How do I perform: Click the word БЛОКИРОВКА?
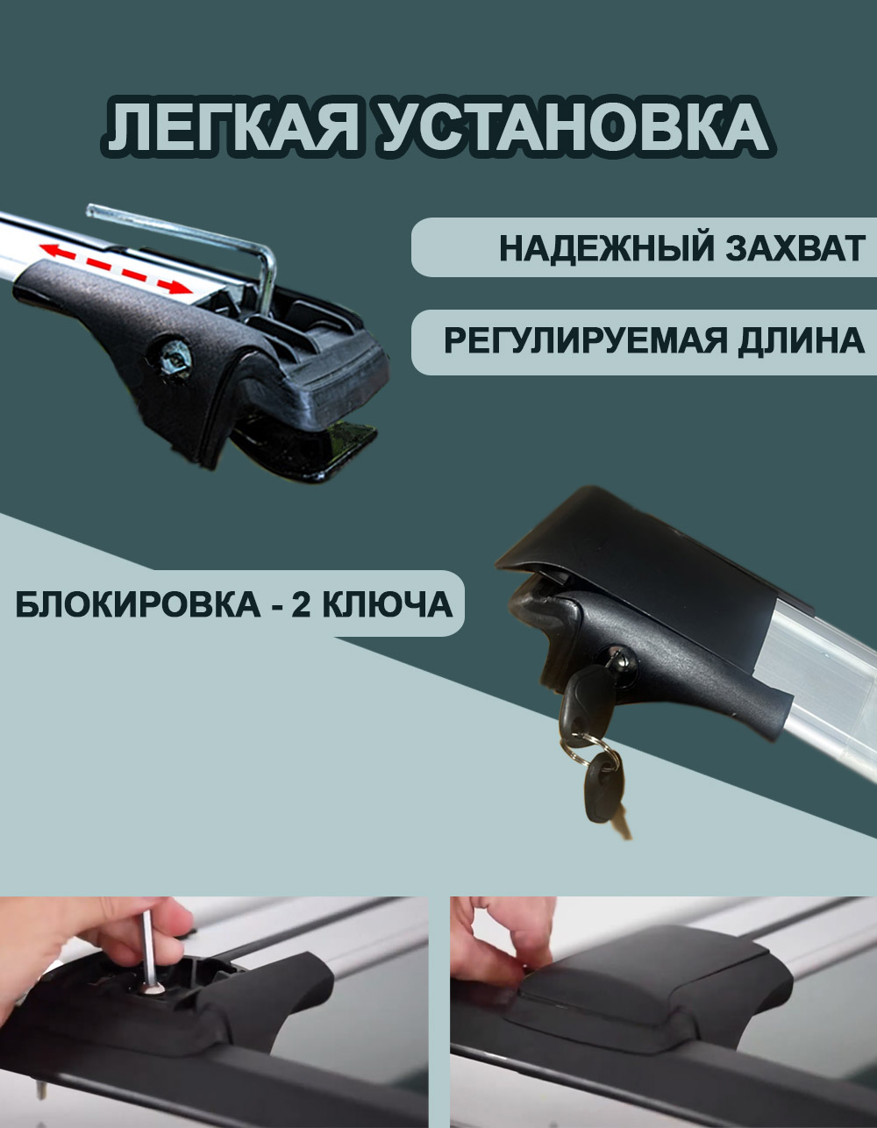click(x=138, y=604)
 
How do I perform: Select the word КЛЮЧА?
click(x=387, y=604)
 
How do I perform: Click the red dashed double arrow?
click(x=115, y=268)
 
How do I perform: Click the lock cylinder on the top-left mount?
click(x=175, y=358)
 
